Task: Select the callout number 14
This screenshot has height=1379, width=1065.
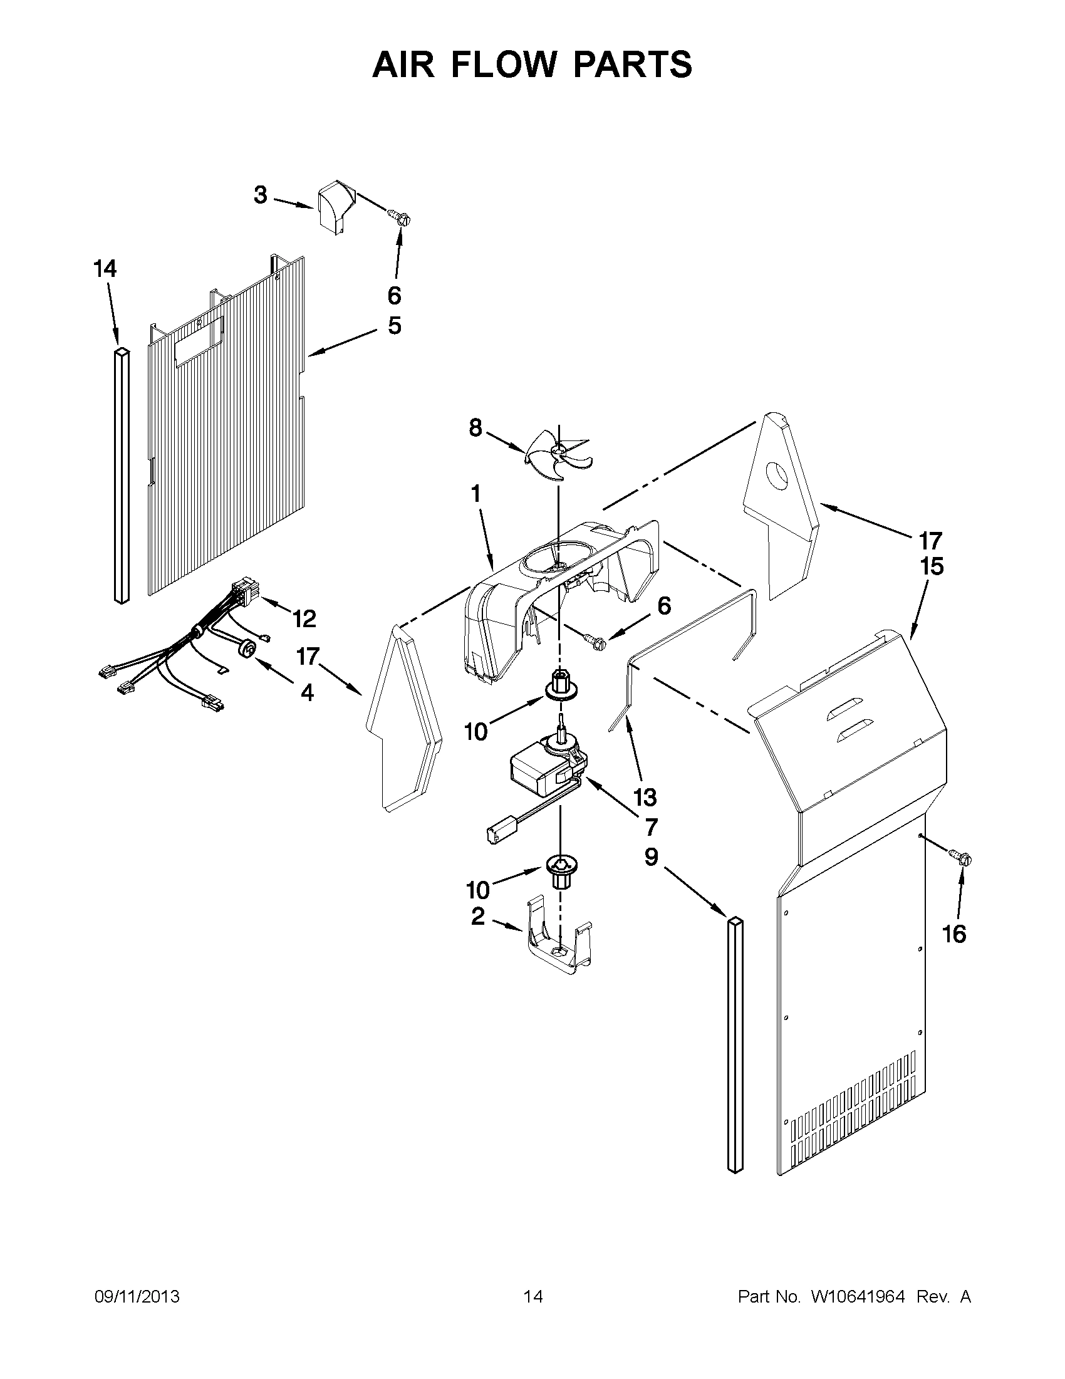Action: pos(105,269)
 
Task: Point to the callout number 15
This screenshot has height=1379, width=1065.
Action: pos(931,566)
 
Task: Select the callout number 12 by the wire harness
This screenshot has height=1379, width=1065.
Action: pos(304,619)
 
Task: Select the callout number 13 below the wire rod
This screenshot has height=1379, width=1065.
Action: pos(645,797)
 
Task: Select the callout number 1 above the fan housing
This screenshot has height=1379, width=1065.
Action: pos(475,493)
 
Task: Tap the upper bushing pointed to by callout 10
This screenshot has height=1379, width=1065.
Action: pos(558,684)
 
